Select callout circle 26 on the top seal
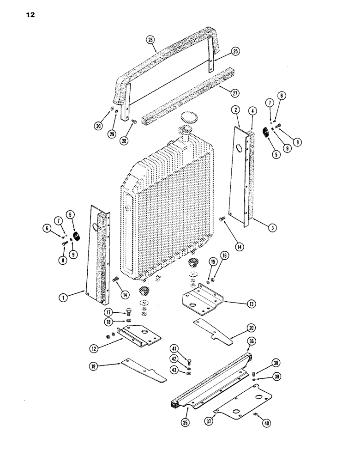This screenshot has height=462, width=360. (x=150, y=40)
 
